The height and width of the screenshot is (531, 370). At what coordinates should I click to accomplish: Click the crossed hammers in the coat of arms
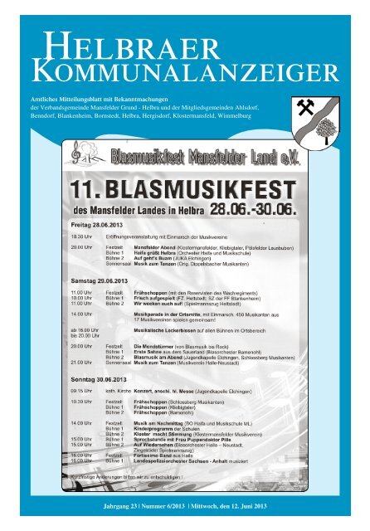[x=307, y=105]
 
